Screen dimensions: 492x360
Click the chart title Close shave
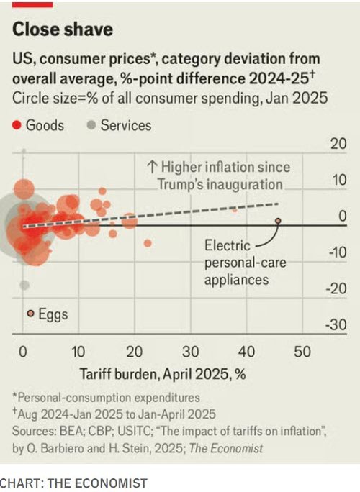(63, 29)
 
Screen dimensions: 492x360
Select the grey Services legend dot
(91, 126)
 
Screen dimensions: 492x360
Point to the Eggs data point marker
(30, 314)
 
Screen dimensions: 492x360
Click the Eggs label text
(53, 314)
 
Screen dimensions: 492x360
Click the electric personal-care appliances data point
(279, 222)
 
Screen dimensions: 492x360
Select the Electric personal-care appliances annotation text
(245, 263)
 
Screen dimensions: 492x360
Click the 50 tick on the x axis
(302, 352)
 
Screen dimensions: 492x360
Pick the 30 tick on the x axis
(190, 352)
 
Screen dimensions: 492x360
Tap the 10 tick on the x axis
(78, 352)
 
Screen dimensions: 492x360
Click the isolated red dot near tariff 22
(148, 243)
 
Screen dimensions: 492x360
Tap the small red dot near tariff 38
(234, 209)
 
